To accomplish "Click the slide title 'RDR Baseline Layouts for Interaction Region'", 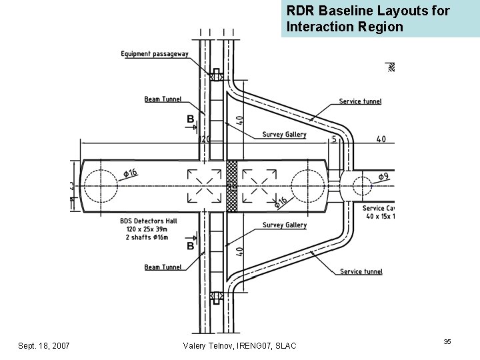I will click(x=368, y=19).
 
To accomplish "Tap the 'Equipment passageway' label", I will click(x=155, y=53).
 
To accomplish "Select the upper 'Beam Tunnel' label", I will click(x=163, y=99).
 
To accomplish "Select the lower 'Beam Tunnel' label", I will click(x=163, y=267).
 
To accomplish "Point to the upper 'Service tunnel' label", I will click(x=360, y=101).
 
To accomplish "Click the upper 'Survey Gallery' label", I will click(x=284, y=134).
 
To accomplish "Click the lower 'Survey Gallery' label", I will click(x=284, y=225).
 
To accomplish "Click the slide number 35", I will click(x=447, y=342).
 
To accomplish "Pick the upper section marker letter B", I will click(x=190, y=119).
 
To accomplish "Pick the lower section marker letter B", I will click(x=190, y=246).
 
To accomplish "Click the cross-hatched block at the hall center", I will click(x=231, y=187).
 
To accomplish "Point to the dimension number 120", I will click(x=205, y=140).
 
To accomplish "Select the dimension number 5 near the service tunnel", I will click(x=333, y=140).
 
